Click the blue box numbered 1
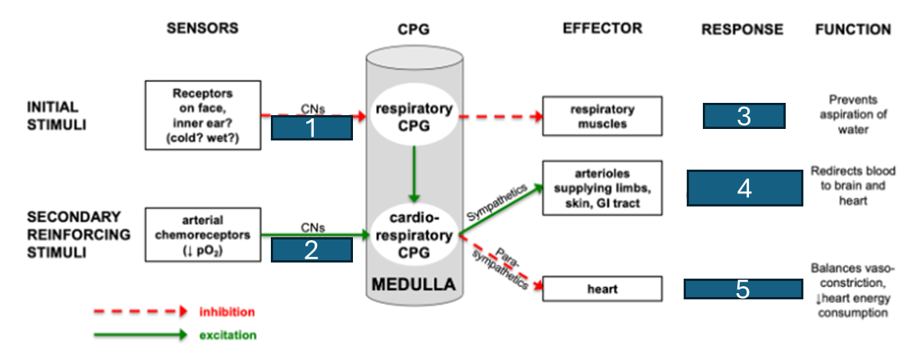tap(312, 127)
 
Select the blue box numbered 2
tap(312, 249)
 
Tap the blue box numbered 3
tap(744, 116)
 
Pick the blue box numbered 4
tap(744, 188)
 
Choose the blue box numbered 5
tap(744, 289)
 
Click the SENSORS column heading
tap(203, 28)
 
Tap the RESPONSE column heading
tap(742, 29)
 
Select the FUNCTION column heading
tap(853, 29)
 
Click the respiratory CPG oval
tap(415, 116)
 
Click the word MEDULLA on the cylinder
tap(414, 286)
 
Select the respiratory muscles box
tap(602, 116)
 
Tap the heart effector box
tap(602, 289)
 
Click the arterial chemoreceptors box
tap(203, 234)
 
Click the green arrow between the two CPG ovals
tap(414, 173)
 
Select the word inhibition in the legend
tap(228, 311)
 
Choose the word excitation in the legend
tap(228, 335)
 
